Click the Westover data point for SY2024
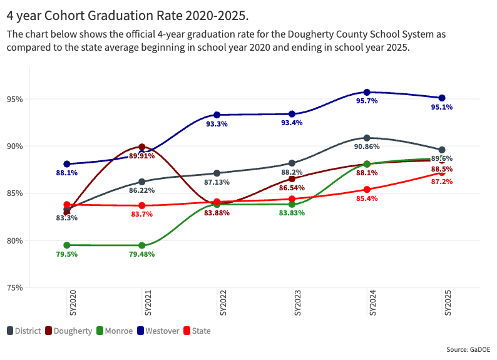(367, 93)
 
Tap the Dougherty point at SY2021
(141, 147)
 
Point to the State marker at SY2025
(442, 173)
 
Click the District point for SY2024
(367, 138)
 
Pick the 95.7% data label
(367, 101)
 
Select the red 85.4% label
(367, 198)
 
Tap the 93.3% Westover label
(217, 124)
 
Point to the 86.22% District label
(141, 190)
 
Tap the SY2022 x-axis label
(217, 302)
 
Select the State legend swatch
(186, 331)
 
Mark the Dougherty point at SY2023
(292, 179)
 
